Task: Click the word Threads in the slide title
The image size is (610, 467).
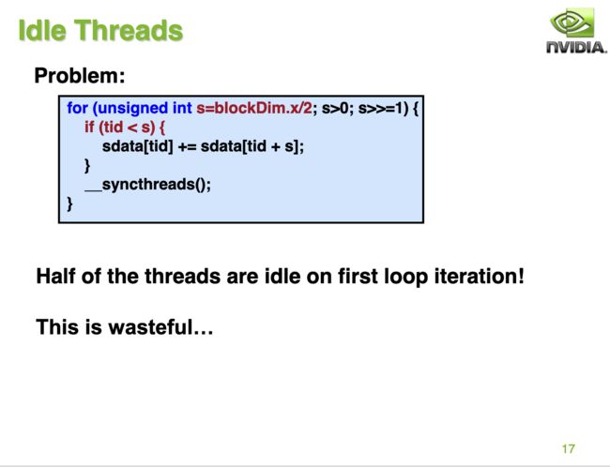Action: tap(129, 30)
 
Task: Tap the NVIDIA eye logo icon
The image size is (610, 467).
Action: tap(572, 23)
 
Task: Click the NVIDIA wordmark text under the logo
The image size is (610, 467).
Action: tap(576, 47)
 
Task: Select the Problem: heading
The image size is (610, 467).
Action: tap(80, 75)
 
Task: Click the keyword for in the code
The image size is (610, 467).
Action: tap(77, 108)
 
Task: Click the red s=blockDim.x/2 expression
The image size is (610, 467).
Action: tap(254, 108)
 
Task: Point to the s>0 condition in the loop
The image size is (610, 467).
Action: tap(335, 108)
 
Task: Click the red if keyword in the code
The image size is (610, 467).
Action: tap(89, 127)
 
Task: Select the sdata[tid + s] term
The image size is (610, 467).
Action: tap(250, 146)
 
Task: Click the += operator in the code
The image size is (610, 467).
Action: tap(187, 146)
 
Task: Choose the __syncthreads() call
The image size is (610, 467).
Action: tap(148, 185)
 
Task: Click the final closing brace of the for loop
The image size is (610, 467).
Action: tap(69, 203)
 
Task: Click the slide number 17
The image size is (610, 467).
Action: tap(569, 449)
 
